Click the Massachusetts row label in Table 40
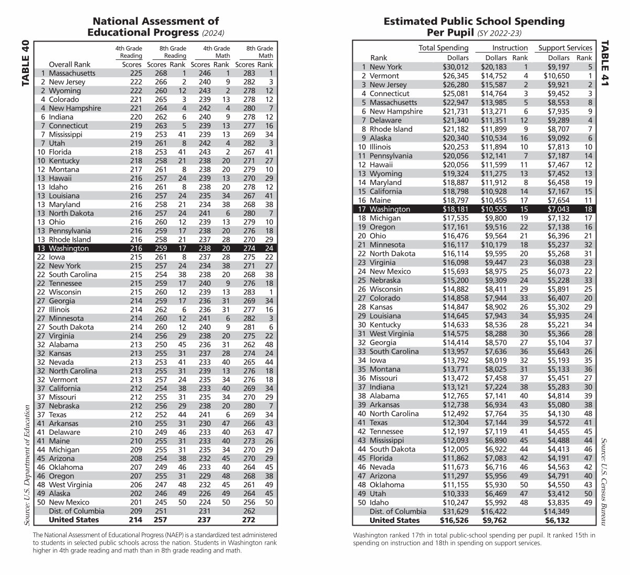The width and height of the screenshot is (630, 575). point(72,73)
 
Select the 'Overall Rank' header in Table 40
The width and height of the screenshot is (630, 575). point(70,65)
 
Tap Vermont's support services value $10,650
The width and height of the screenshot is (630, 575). point(556,76)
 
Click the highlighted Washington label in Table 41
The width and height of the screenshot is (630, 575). point(390,209)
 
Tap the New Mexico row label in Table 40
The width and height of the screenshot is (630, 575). point(69,502)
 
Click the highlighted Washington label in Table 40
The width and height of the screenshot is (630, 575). point(69,249)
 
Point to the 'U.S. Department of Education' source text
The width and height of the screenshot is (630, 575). point(26,465)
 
